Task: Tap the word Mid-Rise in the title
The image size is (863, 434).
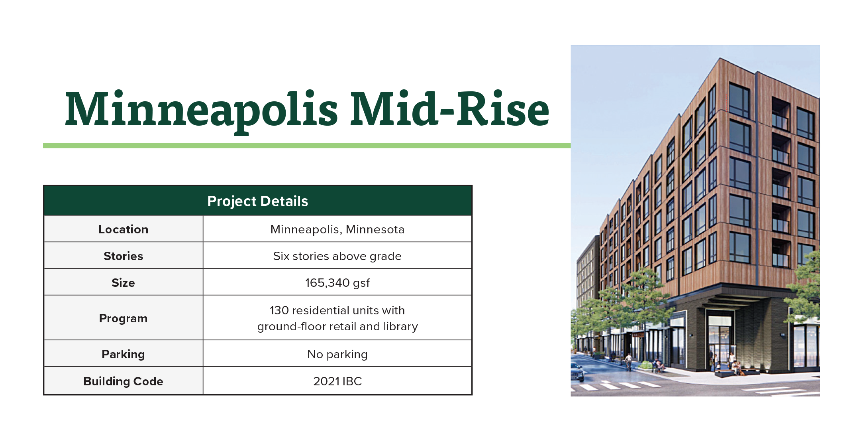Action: pos(450,108)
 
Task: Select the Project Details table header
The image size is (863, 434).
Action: pos(258,201)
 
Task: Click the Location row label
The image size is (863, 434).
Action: pos(124,229)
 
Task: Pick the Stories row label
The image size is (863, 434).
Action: pos(124,256)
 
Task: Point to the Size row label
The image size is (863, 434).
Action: pos(124,283)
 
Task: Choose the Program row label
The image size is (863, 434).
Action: pos(124,318)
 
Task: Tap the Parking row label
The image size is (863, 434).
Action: pos(124,354)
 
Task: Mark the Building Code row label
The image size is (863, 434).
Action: pos(124,381)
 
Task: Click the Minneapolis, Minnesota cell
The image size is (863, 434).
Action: pos(337,229)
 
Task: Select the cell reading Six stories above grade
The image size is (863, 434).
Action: pos(337,256)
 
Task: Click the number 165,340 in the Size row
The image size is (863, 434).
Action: pos(328,283)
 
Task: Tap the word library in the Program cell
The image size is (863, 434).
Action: pos(401,326)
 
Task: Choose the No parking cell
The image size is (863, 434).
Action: pos(337,354)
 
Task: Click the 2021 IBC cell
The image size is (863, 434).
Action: pos(337,381)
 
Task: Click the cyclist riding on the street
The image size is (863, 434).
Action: pos(628,362)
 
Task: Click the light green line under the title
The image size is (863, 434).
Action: pos(307,146)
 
